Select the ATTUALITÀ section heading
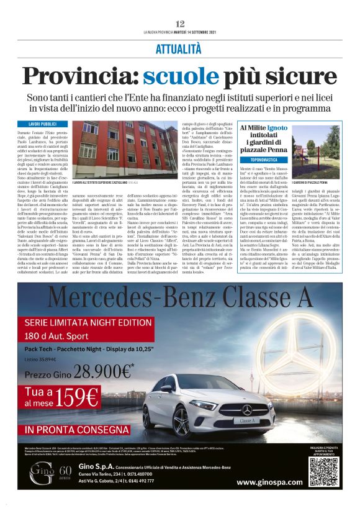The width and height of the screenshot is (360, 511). [179, 48]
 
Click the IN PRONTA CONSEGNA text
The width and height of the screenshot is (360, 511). [81, 428]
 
